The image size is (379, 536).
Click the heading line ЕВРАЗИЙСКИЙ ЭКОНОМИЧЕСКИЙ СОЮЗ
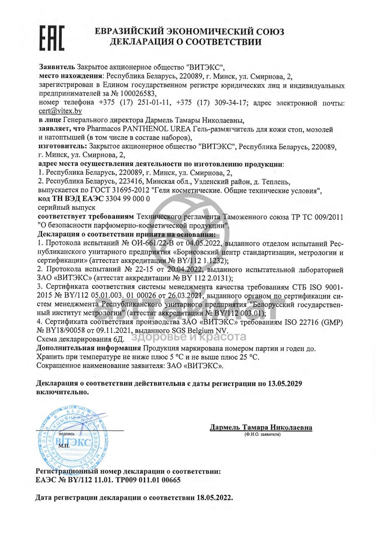[x=189, y=32]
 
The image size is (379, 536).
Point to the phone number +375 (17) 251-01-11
[x=135, y=102]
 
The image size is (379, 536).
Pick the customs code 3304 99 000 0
[x=126, y=198]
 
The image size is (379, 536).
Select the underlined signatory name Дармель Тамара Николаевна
[x=261, y=427]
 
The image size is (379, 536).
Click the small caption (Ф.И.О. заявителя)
[x=261, y=434]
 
